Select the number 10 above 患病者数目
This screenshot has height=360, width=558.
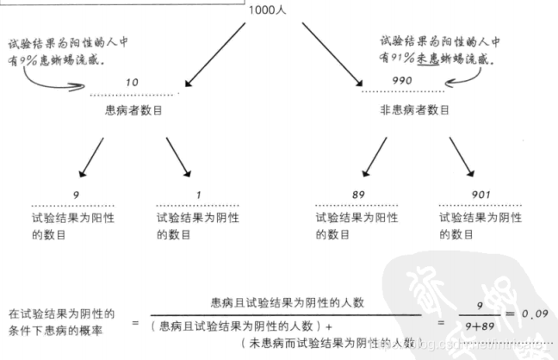click(132, 83)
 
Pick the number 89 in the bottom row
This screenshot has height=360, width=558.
click(359, 196)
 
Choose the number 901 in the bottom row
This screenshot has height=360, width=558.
click(481, 196)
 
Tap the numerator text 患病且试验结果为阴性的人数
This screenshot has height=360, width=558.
click(288, 302)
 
